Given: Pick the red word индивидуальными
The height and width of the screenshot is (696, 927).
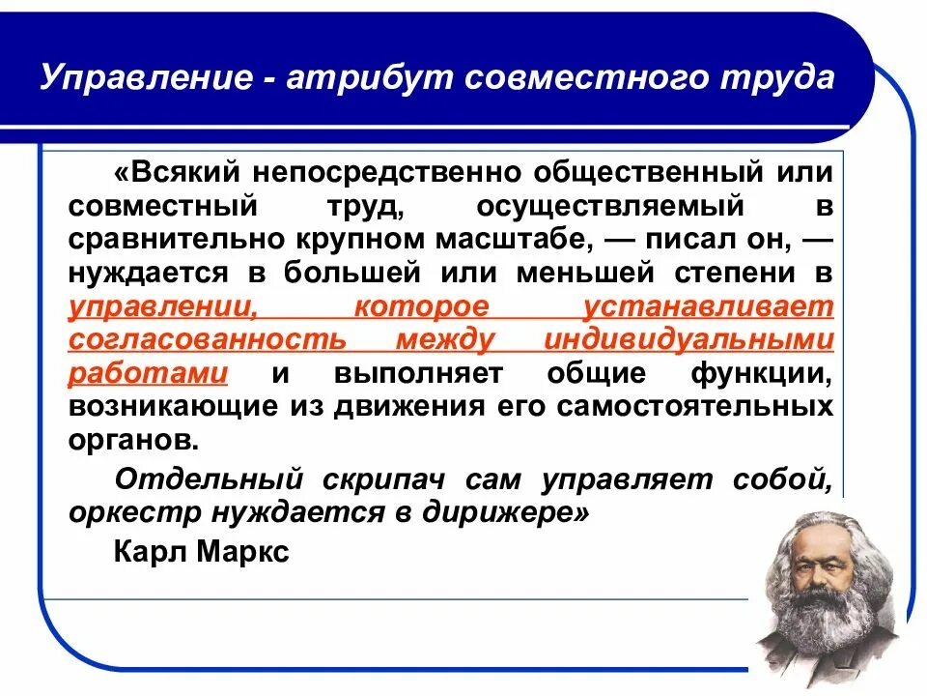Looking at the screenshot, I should pyautogui.click(x=688, y=340).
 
